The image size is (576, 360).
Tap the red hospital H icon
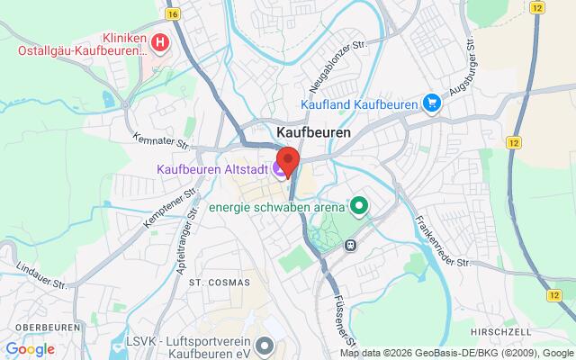(160, 42)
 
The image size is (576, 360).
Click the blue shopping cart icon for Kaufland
(434, 103)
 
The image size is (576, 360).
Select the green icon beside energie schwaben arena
(359, 207)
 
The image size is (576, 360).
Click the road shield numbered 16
(173, 14)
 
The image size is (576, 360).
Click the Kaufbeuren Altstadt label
(212, 168)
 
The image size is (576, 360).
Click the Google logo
(30, 349)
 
